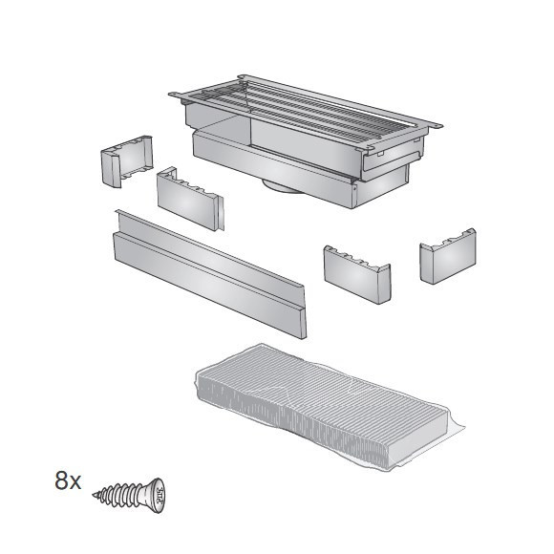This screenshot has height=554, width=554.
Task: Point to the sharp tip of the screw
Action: coord(96,496)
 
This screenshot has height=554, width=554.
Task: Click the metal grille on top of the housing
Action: coord(306,110)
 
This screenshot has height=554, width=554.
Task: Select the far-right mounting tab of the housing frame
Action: coord(434,124)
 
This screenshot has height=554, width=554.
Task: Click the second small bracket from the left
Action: coord(189,198)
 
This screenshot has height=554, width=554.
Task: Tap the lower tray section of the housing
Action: coord(277,167)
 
